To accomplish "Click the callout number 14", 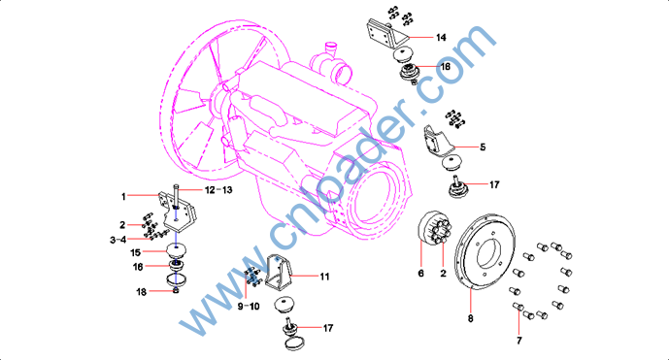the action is pyautogui.click(x=441, y=38).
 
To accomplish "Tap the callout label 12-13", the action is pyautogui.click(x=218, y=190).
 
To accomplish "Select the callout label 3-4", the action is pyautogui.click(x=118, y=240).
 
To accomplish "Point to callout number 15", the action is pyautogui.click(x=135, y=252).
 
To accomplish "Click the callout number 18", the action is pyautogui.click(x=141, y=292).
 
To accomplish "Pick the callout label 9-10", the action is pyautogui.click(x=249, y=307).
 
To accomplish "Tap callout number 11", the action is pyautogui.click(x=324, y=277).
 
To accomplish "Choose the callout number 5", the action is pyautogui.click(x=483, y=147).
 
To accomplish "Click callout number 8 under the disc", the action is pyautogui.click(x=470, y=318).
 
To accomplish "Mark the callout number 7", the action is pyautogui.click(x=518, y=341).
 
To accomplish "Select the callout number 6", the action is pyautogui.click(x=420, y=273).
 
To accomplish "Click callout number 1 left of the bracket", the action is pyautogui.click(x=123, y=197).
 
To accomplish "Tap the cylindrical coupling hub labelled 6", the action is pyautogui.click(x=432, y=229).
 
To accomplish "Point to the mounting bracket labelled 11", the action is pyautogui.click(x=279, y=272).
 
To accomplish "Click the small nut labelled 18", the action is pyautogui.click(x=176, y=291).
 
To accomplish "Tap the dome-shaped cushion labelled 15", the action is pyautogui.click(x=176, y=250).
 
